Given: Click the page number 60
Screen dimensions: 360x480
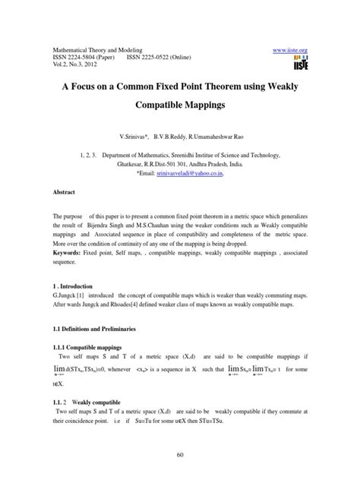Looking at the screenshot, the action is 179,455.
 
